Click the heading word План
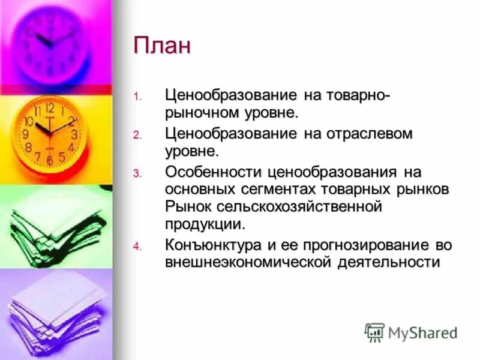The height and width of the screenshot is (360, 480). pos(162,46)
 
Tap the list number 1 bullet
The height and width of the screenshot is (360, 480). pos(136,97)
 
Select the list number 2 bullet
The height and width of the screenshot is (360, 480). pos(137,135)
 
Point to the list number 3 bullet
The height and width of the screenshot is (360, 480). pos(137,173)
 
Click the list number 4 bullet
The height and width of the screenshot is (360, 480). pos(137,247)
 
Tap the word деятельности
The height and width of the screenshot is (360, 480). pos(385,262)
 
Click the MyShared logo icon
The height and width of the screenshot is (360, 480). pos(374,332)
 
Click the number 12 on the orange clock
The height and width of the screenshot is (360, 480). pos(49,109)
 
